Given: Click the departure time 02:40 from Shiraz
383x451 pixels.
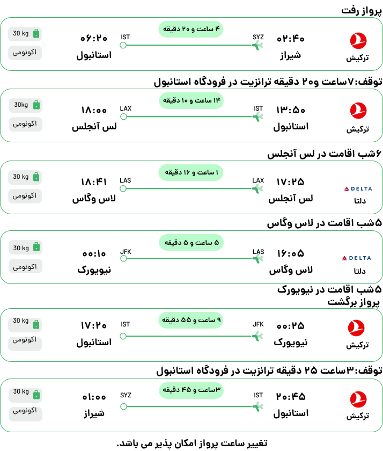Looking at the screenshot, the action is pos(290,39).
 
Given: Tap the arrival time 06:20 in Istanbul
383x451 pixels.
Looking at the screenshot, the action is pos(94,38).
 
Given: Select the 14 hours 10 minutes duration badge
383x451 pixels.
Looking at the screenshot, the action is pos(191,100).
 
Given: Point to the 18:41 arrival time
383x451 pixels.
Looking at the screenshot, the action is pos(94,182).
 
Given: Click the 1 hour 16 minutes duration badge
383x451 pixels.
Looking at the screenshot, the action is pos(191,172).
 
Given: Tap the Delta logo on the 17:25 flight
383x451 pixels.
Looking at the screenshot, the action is pos(358,188).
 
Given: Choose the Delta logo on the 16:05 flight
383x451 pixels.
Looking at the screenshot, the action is pos(356,258).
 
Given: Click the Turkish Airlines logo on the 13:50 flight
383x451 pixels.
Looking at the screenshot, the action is pos(358,111).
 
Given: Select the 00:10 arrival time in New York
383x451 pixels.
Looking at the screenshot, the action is pos(94,253).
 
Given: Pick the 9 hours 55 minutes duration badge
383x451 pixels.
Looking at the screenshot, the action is pos(191,320).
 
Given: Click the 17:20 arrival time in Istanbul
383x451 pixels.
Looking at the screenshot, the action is pos(94,325).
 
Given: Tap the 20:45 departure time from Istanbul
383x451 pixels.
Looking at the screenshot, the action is pos(291,397).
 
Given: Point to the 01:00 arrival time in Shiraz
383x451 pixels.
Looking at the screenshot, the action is pos(94,397).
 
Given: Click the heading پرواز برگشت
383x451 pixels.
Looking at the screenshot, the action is pos(353,302).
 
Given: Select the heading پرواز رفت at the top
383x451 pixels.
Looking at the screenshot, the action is pos(362,11).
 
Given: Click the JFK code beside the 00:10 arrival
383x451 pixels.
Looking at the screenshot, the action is pos(126,252).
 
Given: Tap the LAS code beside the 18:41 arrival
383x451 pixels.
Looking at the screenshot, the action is pos(126,180).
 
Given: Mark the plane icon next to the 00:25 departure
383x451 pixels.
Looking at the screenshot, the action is pos(257,336).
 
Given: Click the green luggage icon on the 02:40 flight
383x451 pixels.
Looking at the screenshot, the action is pos(36,33).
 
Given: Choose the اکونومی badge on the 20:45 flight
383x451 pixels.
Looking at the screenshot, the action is pos(25,410).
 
